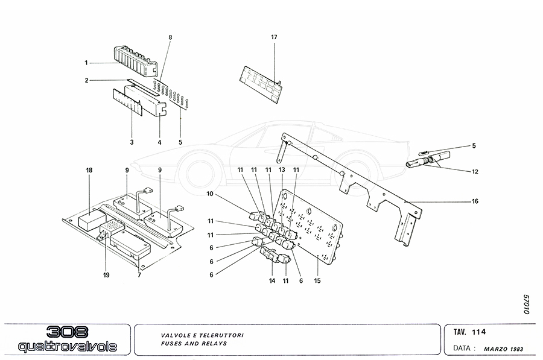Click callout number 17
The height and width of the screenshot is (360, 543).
point(274,37)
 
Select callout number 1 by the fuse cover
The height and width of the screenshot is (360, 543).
point(86,62)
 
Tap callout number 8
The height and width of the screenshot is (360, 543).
point(170,37)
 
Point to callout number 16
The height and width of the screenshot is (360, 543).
point(475,201)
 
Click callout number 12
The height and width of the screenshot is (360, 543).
point(475,171)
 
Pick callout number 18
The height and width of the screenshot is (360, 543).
point(89,171)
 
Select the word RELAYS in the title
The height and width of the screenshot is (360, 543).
point(212,343)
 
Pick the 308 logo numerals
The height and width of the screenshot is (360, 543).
point(68,332)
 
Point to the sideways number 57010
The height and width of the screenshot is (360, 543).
point(526,305)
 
